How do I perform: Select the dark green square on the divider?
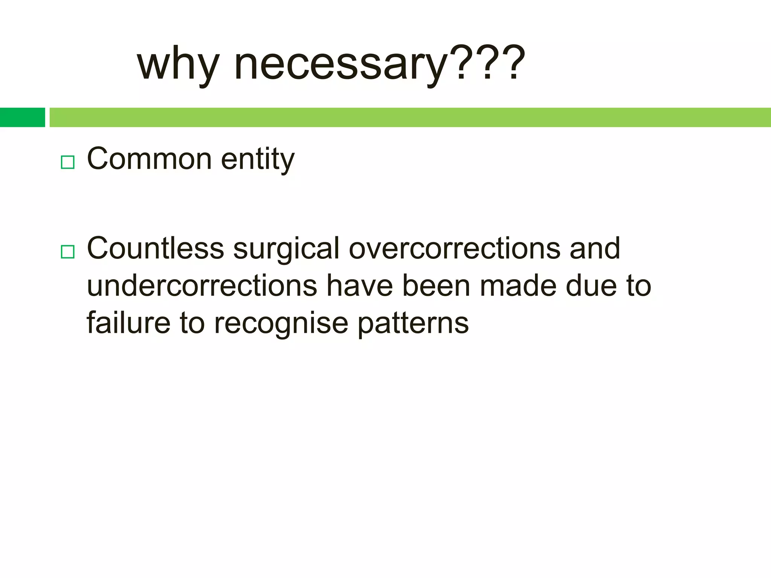tap(22, 117)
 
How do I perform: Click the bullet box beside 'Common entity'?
tap(67, 162)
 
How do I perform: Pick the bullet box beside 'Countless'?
tap(67, 251)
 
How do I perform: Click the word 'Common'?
tap(149, 159)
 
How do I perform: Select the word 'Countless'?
tap(155, 248)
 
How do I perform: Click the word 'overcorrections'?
tap(454, 248)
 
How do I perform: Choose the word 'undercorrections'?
tap(202, 286)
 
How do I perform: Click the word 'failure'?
tap(128, 323)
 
